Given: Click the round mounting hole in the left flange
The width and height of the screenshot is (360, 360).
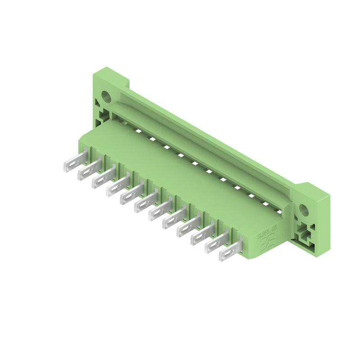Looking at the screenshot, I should (106, 96).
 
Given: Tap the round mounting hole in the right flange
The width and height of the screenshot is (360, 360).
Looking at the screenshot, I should (304, 210).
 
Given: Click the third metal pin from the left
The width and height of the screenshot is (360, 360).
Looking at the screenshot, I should (103, 178).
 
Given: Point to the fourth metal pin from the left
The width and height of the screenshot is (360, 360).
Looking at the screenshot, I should (117, 187).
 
